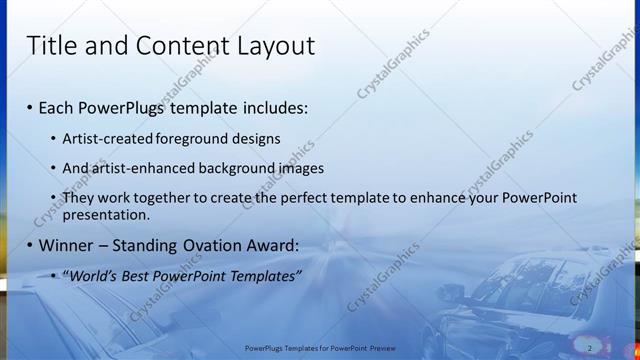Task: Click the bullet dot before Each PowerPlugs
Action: pyautogui.click(x=30, y=107)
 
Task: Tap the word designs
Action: pyautogui.click(x=255, y=138)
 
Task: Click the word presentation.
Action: pyautogui.click(x=105, y=214)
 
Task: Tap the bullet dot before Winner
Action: pyautogui.click(x=30, y=245)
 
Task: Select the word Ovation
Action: pyautogui.click(x=219, y=245)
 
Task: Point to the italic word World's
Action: pyautogui.click(x=94, y=275)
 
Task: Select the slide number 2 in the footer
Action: pyautogui.click(x=590, y=348)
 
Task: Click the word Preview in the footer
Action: pyautogui.click(x=379, y=348)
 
